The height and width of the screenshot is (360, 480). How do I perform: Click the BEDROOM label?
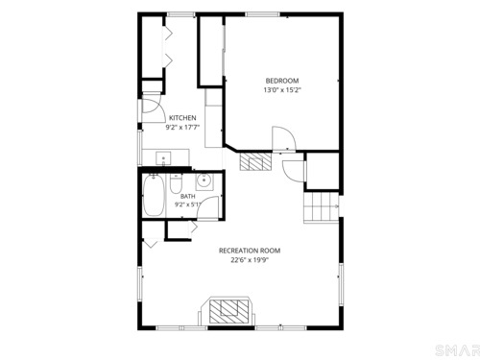(x=282, y=81)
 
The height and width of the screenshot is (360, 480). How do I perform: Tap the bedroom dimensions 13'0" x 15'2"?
(x=282, y=90)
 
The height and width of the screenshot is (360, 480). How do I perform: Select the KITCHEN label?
(x=182, y=118)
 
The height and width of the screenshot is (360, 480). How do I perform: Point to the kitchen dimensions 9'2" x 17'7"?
(x=182, y=128)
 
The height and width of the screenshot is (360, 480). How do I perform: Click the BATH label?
(x=188, y=196)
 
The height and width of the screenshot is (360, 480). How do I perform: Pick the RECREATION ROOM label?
(x=250, y=251)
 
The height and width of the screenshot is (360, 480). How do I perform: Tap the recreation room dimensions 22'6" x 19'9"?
(x=250, y=260)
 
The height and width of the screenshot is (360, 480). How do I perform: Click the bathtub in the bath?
(x=154, y=195)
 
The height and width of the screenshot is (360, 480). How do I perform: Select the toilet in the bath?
(x=176, y=183)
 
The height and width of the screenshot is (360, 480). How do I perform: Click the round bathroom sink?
(x=204, y=181)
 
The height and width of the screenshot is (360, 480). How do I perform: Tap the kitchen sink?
(x=163, y=158)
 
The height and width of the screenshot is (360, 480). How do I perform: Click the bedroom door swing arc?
(x=285, y=136)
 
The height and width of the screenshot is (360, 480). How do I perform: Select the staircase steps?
(x=321, y=206)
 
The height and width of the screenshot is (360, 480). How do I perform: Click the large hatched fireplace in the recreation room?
(x=228, y=311)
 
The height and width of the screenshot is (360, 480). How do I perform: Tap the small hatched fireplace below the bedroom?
(x=255, y=161)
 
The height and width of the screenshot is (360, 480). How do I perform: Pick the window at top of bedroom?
(x=262, y=14)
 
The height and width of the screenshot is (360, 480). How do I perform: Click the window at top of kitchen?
(x=181, y=14)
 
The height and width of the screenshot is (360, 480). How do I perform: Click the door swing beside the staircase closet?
(x=292, y=170)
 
